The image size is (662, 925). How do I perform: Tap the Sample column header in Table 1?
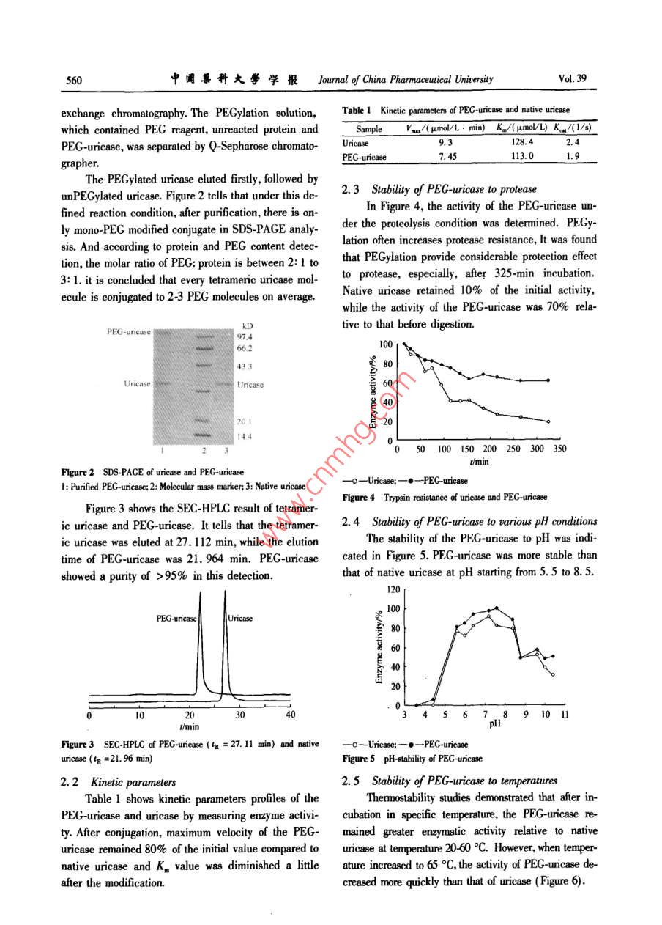369,129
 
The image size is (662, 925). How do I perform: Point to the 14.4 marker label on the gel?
244,437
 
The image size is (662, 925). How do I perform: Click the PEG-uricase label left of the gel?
128,332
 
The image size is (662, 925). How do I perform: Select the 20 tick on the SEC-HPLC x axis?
190,715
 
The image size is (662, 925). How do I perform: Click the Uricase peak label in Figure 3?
240,618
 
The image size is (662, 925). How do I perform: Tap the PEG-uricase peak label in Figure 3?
176,618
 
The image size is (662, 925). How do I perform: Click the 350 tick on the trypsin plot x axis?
559,449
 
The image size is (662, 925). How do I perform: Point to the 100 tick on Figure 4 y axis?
387,344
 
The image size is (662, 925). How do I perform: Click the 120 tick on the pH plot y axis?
393,589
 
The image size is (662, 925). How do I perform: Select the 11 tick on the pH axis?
565,714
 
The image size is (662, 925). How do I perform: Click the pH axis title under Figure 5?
495,723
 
